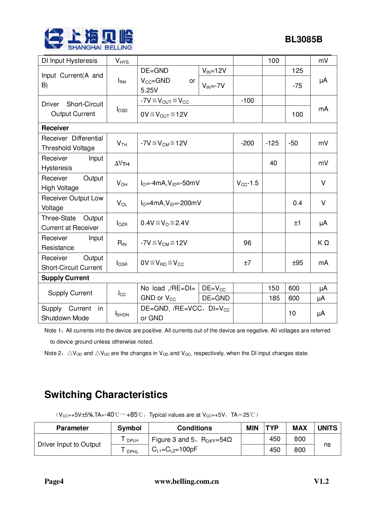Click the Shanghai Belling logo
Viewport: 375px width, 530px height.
(x=89, y=39)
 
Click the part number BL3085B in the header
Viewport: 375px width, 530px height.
(x=303, y=40)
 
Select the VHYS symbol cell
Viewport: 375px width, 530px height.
(x=122, y=61)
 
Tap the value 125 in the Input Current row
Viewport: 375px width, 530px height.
(x=297, y=71)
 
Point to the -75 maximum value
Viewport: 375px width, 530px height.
(x=297, y=86)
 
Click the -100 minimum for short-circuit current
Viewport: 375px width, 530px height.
(x=247, y=101)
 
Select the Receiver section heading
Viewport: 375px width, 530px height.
(x=55, y=128)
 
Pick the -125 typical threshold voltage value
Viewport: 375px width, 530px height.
(x=272, y=143)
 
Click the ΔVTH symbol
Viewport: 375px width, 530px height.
(x=122, y=163)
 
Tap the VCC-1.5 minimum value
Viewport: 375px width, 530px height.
(x=247, y=183)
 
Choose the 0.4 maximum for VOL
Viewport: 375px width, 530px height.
(x=297, y=203)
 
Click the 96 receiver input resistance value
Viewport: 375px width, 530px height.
(x=247, y=243)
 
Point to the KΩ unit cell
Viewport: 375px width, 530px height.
(x=323, y=243)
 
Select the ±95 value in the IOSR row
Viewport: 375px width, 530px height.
(x=297, y=263)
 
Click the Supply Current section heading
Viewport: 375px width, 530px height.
(x=65, y=278)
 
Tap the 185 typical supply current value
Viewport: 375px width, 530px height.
(x=274, y=298)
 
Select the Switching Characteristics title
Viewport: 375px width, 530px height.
(x=106, y=395)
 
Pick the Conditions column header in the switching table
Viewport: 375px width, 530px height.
(x=194, y=428)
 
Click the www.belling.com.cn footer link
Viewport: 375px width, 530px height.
(x=187, y=481)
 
